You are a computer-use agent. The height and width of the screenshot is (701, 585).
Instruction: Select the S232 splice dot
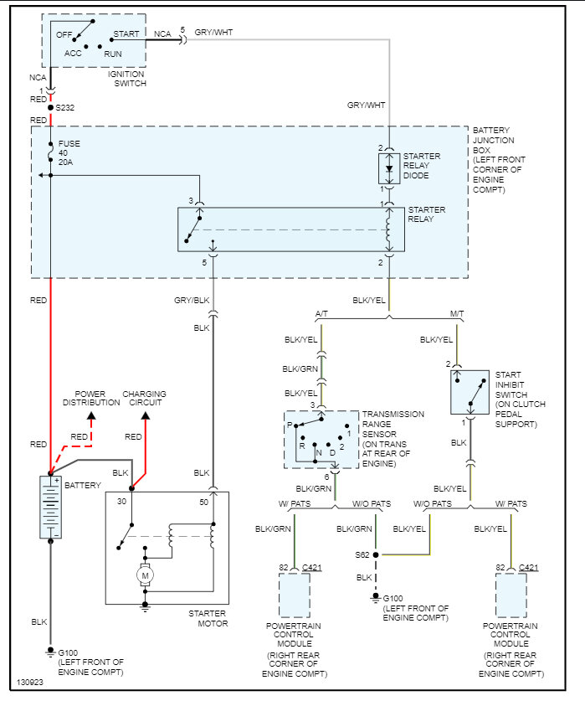(50, 107)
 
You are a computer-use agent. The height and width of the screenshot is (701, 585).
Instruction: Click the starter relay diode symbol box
(388, 168)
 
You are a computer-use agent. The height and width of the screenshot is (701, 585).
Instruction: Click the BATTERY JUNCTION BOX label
(500, 161)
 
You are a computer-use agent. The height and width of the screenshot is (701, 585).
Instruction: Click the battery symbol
(50, 507)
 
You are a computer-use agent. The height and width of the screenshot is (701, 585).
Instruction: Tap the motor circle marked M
(145, 575)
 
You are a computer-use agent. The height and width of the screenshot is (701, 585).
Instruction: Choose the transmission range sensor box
(321, 439)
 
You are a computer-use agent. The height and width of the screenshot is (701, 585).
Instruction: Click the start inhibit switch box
(471, 391)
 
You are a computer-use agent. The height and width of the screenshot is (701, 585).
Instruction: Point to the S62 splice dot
(376, 554)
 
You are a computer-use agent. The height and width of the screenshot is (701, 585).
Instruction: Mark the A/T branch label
(321, 314)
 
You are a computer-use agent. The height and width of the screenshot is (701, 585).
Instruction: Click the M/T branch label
(457, 314)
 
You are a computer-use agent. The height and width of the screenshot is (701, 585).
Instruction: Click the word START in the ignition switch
(126, 34)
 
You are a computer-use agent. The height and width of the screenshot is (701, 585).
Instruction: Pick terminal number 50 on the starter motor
(203, 502)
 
